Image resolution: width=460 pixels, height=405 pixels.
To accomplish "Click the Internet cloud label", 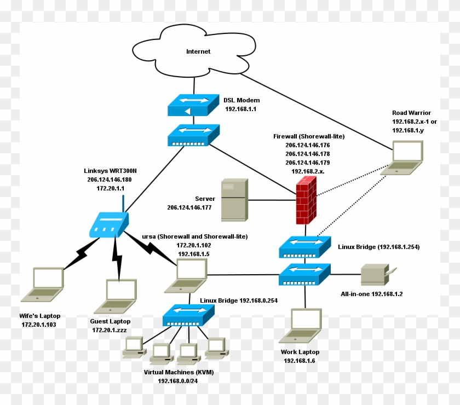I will pyautogui.click(x=198, y=51).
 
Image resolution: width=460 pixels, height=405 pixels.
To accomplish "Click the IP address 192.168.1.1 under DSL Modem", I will pyautogui.click(x=240, y=109).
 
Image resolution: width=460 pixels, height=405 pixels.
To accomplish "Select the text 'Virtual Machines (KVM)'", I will pyautogui.click(x=179, y=372).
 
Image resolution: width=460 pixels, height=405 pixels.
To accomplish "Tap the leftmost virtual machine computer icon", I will pyautogui.click(x=133, y=348).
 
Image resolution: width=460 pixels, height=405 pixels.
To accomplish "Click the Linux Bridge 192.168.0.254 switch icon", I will pyautogui.click(x=188, y=315).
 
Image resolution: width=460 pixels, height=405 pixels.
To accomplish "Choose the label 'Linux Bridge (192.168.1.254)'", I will pyautogui.click(x=378, y=247).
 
